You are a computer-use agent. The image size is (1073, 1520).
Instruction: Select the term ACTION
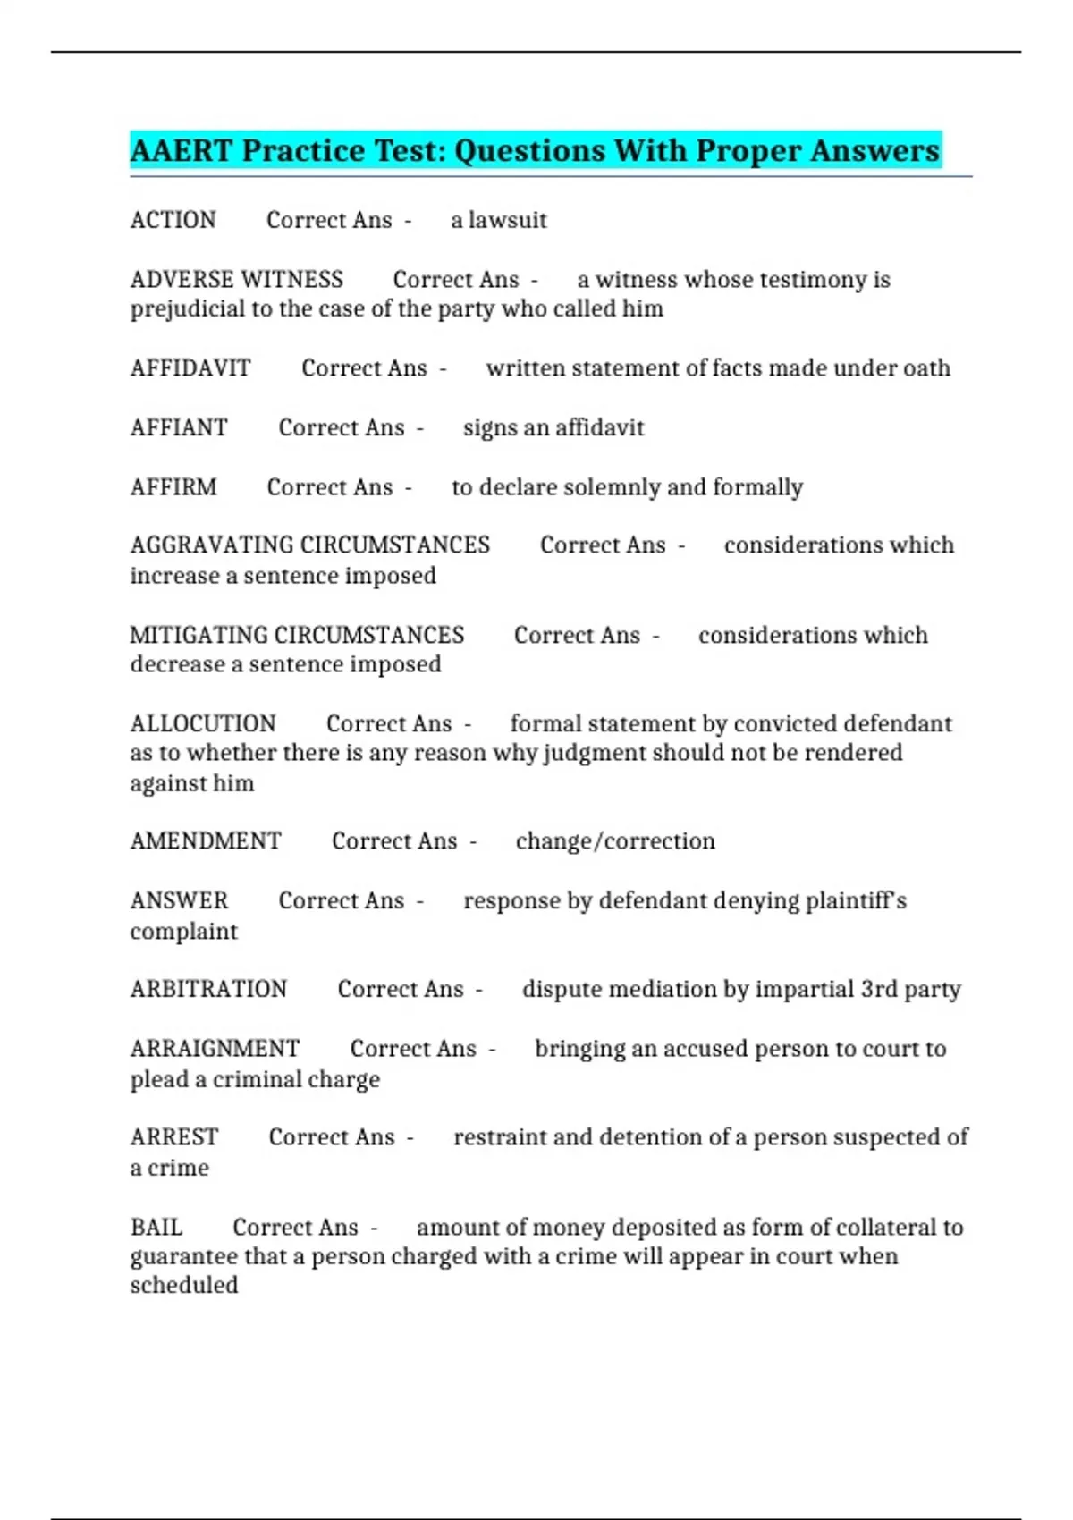click(x=173, y=220)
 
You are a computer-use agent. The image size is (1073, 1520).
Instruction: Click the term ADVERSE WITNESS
click(x=236, y=280)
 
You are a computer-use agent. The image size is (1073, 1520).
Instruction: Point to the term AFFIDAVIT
click(x=190, y=368)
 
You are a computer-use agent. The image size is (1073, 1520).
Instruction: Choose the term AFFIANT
click(x=179, y=427)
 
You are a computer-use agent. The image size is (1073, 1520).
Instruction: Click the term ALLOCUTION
click(x=203, y=723)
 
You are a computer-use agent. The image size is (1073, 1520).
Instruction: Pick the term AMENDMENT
click(x=206, y=841)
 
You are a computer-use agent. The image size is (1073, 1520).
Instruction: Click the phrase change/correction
click(x=615, y=841)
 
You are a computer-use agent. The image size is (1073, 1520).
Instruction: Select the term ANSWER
click(x=179, y=900)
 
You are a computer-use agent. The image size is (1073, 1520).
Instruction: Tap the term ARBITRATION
click(x=208, y=989)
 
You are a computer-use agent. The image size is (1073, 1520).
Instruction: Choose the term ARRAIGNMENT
click(x=215, y=1048)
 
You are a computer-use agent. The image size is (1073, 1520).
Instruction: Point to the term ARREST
click(x=173, y=1137)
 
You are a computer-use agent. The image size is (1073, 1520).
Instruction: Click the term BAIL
click(x=156, y=1227)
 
